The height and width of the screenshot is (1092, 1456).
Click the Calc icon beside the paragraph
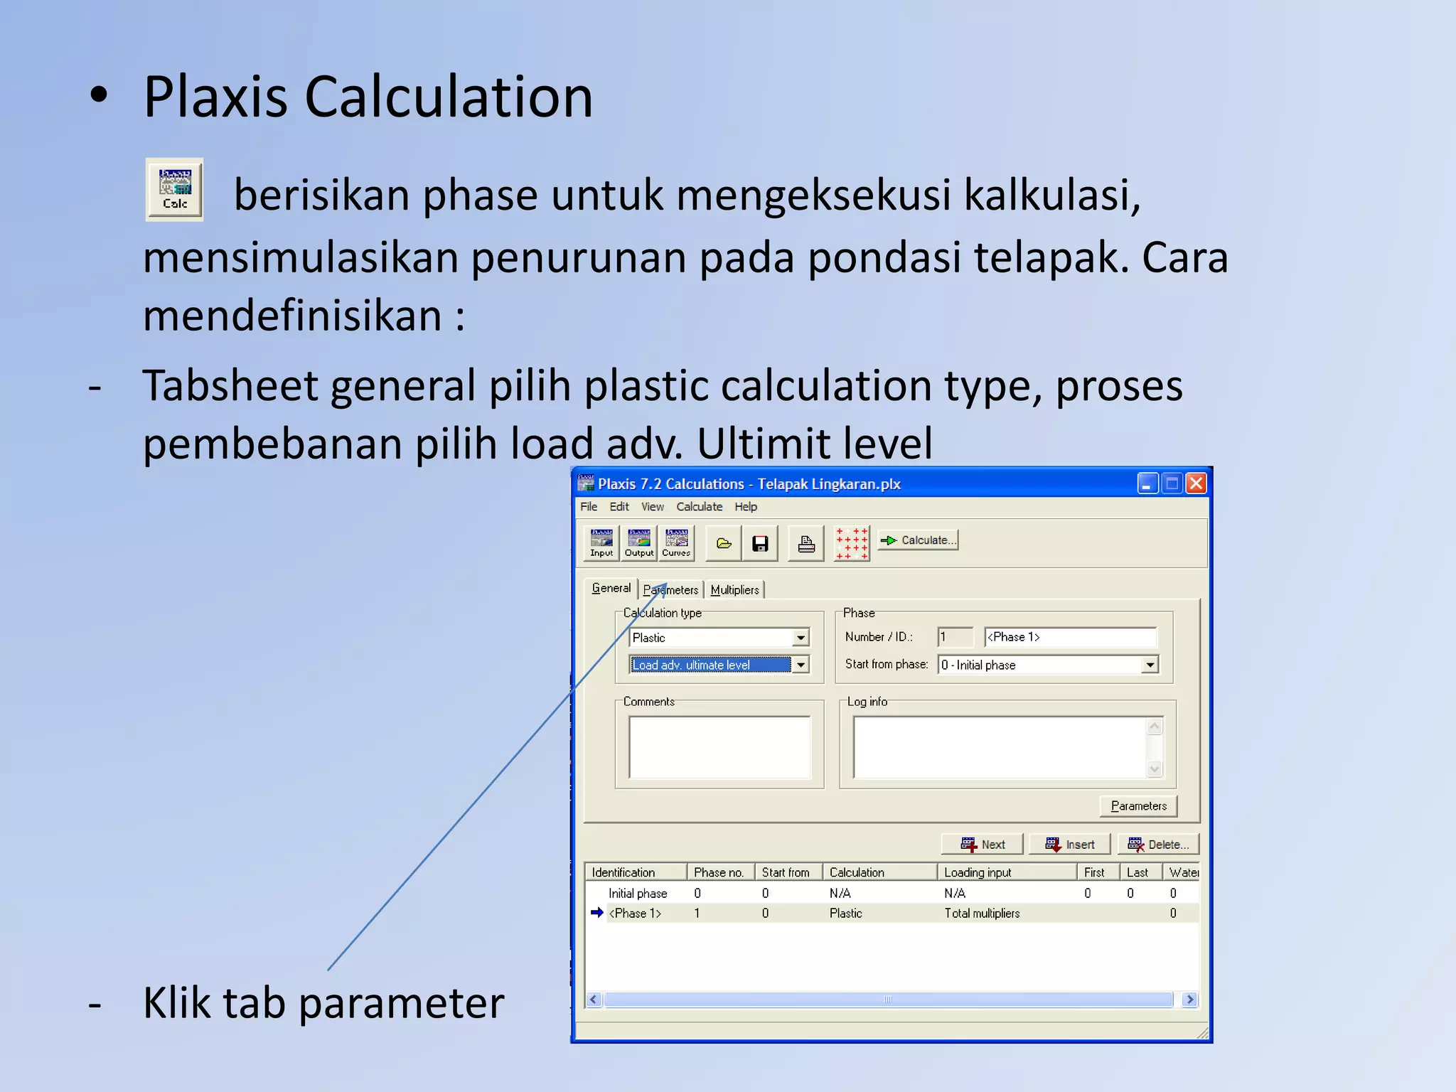click(174, 190)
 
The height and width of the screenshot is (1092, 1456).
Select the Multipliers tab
click(734, 590)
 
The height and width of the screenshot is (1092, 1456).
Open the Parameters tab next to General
click(671, 590)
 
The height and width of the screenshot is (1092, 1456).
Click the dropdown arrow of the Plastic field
click(801, 638)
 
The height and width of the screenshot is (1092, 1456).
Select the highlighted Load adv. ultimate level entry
click(710, 665)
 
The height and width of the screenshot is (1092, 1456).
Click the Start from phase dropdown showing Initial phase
click(1048, 665)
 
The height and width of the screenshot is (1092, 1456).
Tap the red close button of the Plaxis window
click(1197, 484)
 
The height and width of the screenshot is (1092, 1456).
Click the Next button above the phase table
click(983, 845)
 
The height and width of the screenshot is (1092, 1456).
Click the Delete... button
click(1158, 845)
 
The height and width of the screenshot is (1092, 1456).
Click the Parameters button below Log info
click(1138, 806)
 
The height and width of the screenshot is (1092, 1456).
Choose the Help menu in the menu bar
click(746, 507)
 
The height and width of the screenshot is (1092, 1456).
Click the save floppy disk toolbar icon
click(760, 544)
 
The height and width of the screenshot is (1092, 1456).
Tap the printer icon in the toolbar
click(806, 544)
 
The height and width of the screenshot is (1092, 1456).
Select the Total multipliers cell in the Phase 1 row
click(982, 914)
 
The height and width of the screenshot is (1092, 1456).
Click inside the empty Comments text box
click(719, 747)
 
